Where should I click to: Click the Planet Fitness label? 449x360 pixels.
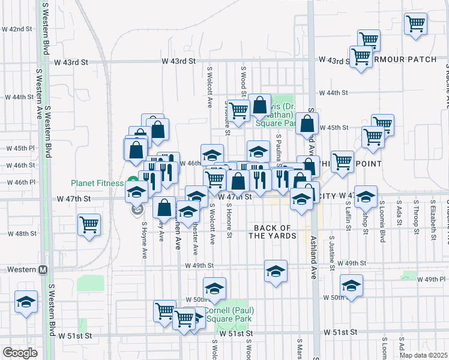97,183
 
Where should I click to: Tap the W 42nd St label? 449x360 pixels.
17,29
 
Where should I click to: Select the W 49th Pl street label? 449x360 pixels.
432,279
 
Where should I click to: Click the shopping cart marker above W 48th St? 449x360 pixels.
89,226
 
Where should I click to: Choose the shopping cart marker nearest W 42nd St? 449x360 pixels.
416,24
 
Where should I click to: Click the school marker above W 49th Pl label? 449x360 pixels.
352,284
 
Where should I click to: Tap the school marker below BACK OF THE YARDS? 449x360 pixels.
276,271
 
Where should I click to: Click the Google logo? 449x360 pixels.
20,352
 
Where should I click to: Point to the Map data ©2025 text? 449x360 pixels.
423,355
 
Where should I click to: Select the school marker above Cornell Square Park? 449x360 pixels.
214,288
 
